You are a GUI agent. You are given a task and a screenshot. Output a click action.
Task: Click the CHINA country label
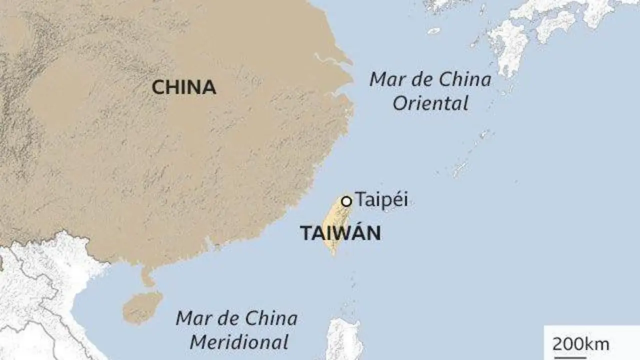tap(183, 87)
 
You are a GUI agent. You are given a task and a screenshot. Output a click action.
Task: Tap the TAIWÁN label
tap(340, 233)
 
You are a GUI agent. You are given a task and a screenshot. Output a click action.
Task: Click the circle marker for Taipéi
tap(346, 201)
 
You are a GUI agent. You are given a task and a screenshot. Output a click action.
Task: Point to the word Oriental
tap(430, 103)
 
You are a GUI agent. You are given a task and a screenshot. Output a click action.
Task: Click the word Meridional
tap(239, 342)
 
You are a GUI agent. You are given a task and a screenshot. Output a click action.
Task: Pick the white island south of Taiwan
tap(344, 340)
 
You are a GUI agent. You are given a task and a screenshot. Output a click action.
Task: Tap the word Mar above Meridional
tap(192, 318)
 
